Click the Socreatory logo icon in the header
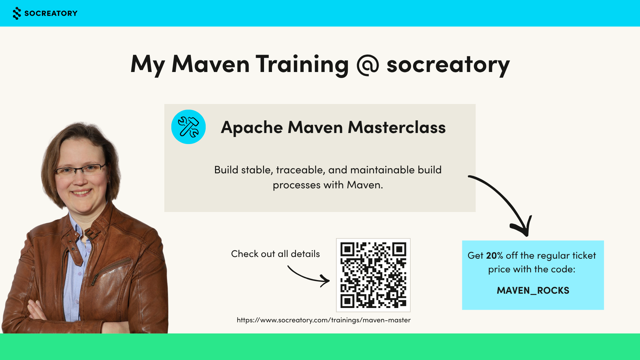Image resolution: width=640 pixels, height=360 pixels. click(17, 13)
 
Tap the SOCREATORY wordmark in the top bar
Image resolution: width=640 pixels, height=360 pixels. click(51, 13)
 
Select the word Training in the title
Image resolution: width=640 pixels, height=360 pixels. click(302, 65)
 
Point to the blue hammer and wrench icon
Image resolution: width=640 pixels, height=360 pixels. click(188, 127)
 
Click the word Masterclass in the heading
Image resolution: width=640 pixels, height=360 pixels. click(397, 127)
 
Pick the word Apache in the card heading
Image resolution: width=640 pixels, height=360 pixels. click(252, 128)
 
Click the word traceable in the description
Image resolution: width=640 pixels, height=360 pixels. click(301, 170)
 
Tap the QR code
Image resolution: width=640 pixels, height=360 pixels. click(373, 275)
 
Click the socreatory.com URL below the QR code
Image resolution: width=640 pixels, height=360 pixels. click(324, 320)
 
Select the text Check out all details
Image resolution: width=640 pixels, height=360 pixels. click(275, 254)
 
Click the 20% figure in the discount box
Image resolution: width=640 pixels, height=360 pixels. click(495, 256)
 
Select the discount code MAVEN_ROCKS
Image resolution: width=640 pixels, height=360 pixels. click(533, 291)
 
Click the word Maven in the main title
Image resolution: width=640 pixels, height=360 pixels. click(211, 64)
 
